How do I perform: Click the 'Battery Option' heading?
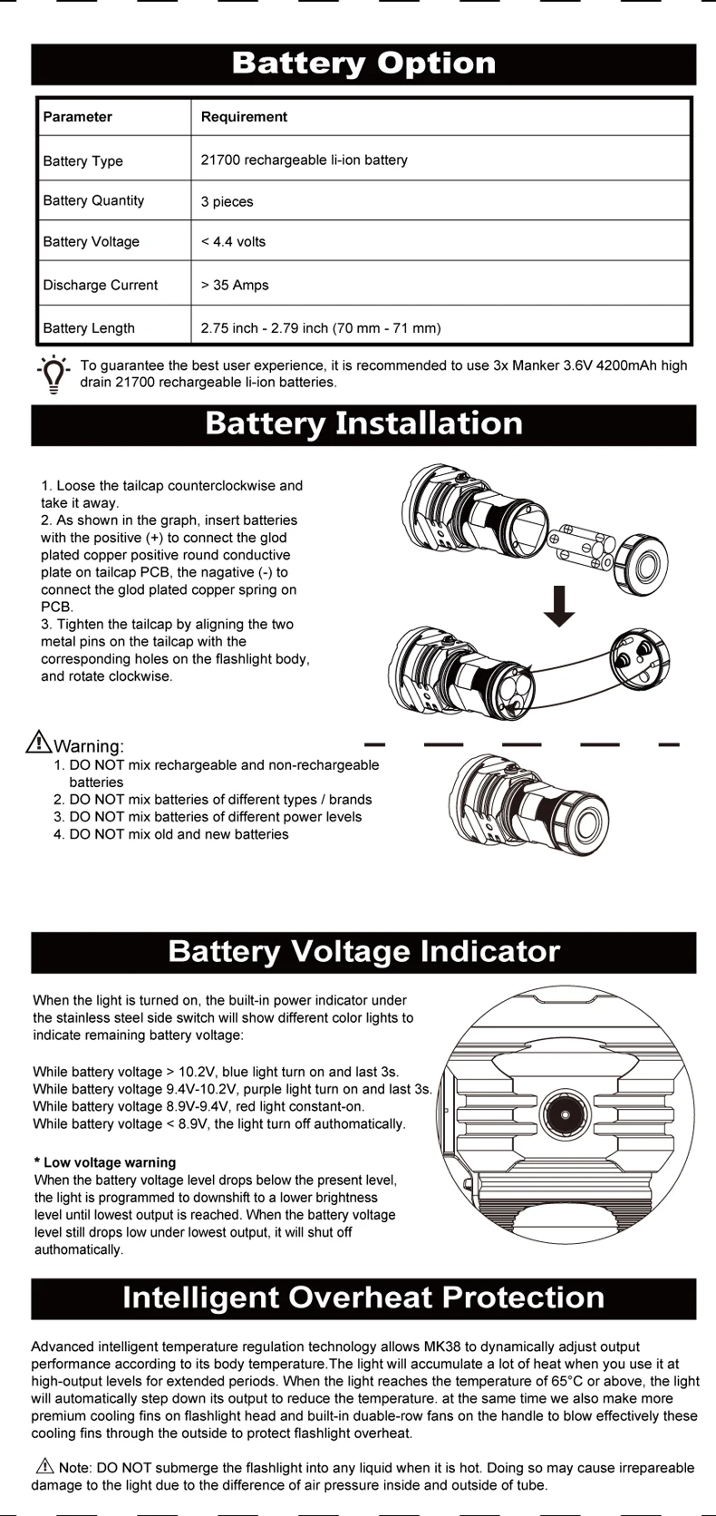(x=363, y=63)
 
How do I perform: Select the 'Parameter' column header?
(x=78, y=117)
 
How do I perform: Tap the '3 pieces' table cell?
(x=227, y=201)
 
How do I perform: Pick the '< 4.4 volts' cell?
(x=234, y=242)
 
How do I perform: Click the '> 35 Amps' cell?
(x=236, y=285)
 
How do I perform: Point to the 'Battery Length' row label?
(x=89, y=328)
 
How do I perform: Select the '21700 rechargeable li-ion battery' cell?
(x=305, y=160)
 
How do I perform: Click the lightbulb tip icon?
(x=53, y=374)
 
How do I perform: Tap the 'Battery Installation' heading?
(x=363, y=424)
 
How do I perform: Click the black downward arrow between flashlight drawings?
(x=559, y=607)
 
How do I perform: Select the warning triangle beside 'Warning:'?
(x=39, y=742)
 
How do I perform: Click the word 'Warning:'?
(x=89, y=746)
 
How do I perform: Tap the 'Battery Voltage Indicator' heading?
(x=363, y=952)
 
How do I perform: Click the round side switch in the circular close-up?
(x=566, y=1115)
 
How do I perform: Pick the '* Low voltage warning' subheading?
(x=105, y=1162)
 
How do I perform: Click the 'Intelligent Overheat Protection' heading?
(x=363, y=1298)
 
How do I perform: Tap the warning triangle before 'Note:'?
(x=44, y=1466)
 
